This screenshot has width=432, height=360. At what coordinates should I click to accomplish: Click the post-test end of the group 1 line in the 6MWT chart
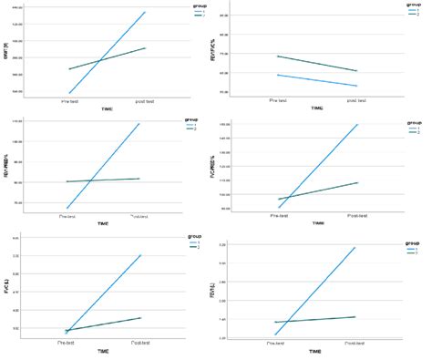coord(145,12)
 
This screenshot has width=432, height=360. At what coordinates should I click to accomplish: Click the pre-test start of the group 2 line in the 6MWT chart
coord(69,69)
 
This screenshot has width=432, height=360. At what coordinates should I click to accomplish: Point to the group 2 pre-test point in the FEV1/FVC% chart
coord(278,57)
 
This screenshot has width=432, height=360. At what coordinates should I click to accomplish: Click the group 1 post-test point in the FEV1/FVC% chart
coord(357,86)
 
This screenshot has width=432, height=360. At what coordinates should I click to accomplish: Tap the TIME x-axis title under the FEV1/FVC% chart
coord(316,108)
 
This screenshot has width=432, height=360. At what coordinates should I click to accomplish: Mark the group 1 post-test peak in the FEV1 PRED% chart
coord(139,123)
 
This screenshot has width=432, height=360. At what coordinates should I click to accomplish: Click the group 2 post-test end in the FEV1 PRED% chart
coord(139,179)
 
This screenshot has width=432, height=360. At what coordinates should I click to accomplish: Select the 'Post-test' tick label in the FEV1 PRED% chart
coord(139,217)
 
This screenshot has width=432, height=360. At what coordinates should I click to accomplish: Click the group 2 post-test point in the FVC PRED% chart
coord(358,182)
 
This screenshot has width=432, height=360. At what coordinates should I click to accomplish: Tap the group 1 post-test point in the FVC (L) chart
coord(141,255)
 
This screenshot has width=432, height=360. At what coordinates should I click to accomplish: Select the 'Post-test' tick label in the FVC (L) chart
coord(141,342)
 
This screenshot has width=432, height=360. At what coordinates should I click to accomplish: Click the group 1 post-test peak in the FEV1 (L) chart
coord(355,247)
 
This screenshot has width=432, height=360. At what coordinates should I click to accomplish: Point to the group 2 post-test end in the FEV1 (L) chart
coord(355,316)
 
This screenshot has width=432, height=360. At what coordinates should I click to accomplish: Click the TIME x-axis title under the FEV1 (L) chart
coord(314,351)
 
